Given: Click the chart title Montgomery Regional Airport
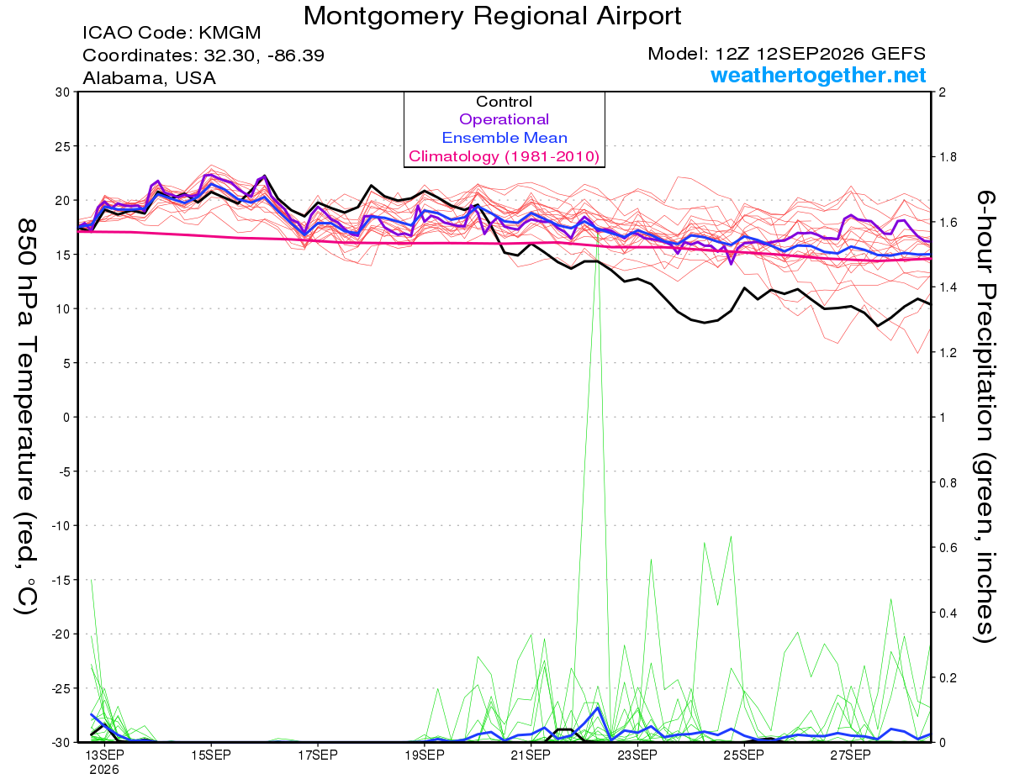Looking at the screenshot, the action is pyautogui.click(x=492, y=16).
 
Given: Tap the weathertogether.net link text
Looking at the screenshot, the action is pyautogui.click(x=818, y=75).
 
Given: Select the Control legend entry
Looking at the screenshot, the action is pyautogui.click(x=504, y=102).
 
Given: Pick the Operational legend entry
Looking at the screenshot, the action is pyautogui.click(x=504, y=119).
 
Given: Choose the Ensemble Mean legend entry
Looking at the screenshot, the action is pyautogui.click(x=504, y=138).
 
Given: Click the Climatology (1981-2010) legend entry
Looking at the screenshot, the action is pyautogui.click(x=504, y=156).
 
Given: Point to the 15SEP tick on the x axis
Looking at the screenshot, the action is pyautogui.click(x=211, y=755).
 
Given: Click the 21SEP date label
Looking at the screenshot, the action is pyautogui.click(x=531, y=755).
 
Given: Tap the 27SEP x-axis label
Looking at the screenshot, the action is pyautogui.click(x=850, y=755).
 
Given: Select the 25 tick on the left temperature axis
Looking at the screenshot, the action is pyautogui.click(x=62, y=146).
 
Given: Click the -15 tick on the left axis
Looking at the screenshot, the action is pyautogui.click(x=60, y=580).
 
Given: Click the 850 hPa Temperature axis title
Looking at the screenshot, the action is pyautogui.click(x=26, y=417).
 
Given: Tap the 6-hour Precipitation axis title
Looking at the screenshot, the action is pyautogui.click(x=985, y=416).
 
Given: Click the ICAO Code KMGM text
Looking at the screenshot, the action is pyautogui.click(x=172, y=33).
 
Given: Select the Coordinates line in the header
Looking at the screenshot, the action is pyautogui.click(x=203, y=55).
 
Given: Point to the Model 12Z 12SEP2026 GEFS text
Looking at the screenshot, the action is pyautogui.click(x=786, y=54).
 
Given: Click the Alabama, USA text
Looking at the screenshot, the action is pyautogui.click(x=149, y=78).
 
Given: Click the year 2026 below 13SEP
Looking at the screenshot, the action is pyautogui.click(x=104, y=771).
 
